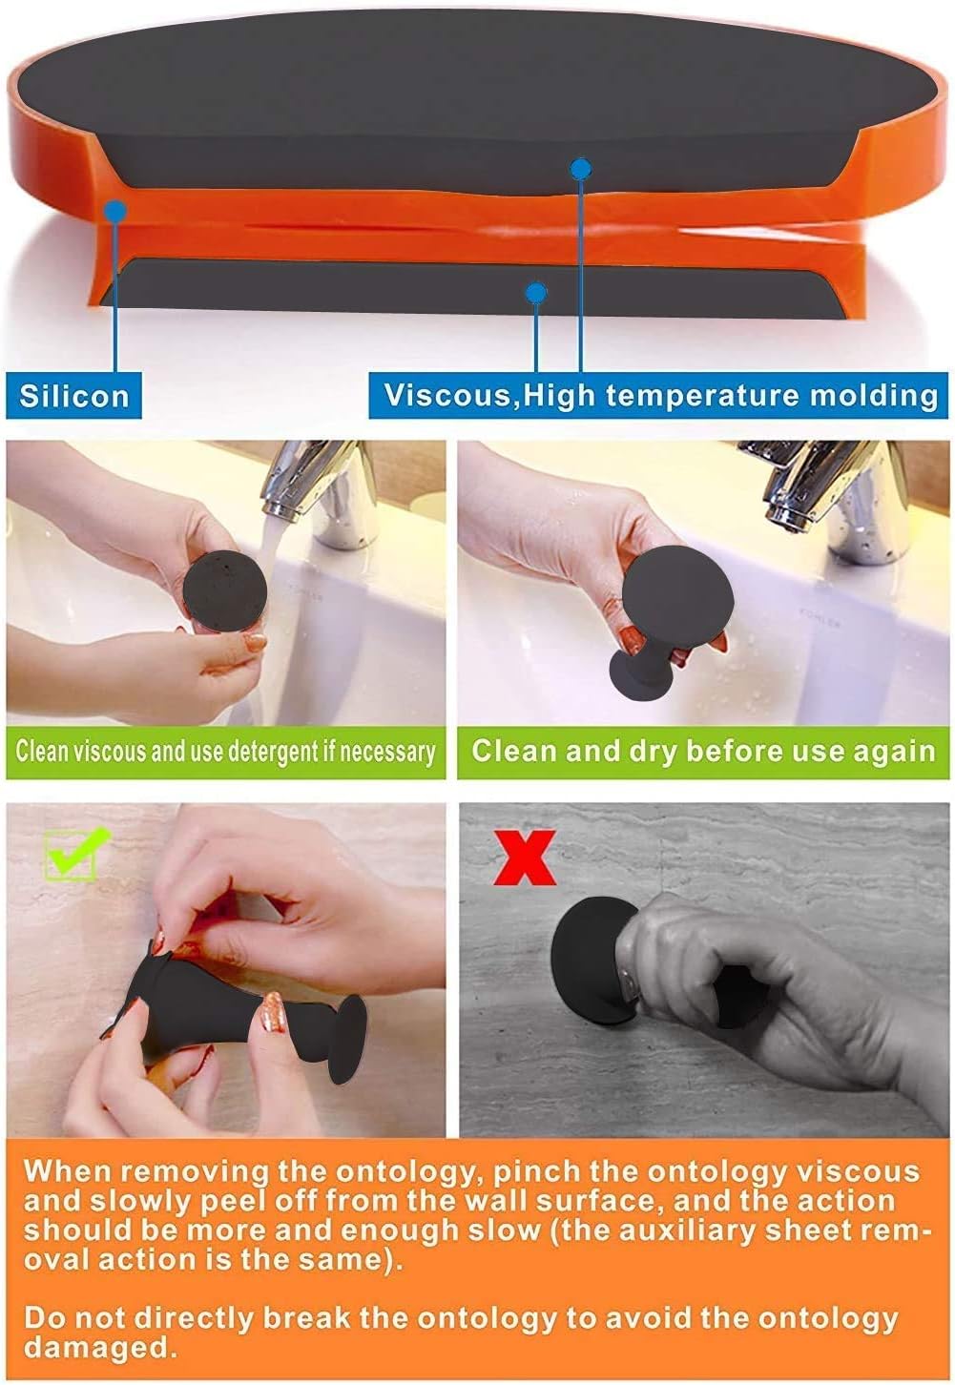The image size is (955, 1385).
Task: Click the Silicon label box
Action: point(73,395)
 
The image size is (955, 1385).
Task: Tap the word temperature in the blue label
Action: point(702,395)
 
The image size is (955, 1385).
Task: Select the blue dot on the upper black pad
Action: point(580,169)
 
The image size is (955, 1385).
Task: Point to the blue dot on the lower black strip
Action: point(536,292)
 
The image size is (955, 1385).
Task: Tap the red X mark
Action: point(524,858)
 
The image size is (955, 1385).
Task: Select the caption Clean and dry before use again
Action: point(703,751)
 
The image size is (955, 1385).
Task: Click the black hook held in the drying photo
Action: point(668,620)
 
